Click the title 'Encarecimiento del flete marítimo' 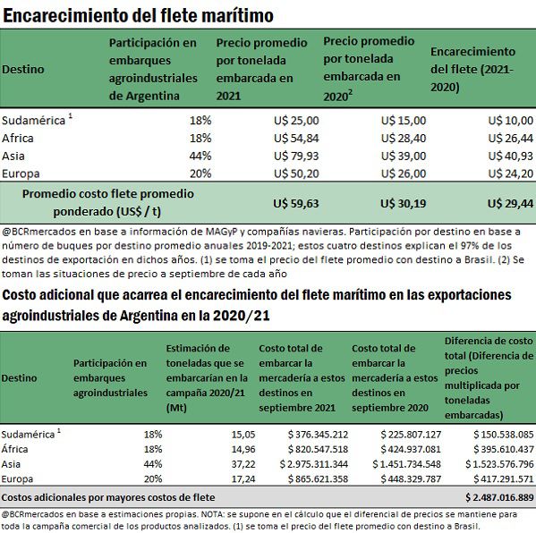(x=138, y=15)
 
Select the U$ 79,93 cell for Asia (x=296, y=156)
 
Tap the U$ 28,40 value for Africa (x=404, y=138)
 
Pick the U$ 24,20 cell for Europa (x=510, y=173)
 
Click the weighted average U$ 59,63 (x=296, y=204)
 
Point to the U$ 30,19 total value (x=404, y=204)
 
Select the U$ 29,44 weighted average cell (x=510, y=204)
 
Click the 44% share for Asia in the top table (x=200, y=156)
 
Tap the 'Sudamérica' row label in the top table (x=33, y=120)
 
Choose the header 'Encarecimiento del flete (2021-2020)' (x=472, y=70)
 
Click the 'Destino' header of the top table (x=23, y=70)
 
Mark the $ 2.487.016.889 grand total (x=499, y=497)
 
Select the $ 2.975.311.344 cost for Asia (x=314, y=464)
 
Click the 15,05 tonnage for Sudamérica (x=243, y=435)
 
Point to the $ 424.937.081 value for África (x=411, y=449)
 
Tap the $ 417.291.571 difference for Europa (x=504, y=479)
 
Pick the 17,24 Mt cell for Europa (x=243, y=479)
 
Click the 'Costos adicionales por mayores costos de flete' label (x=108, y=497)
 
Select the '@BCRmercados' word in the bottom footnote (x=33, y=514)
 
